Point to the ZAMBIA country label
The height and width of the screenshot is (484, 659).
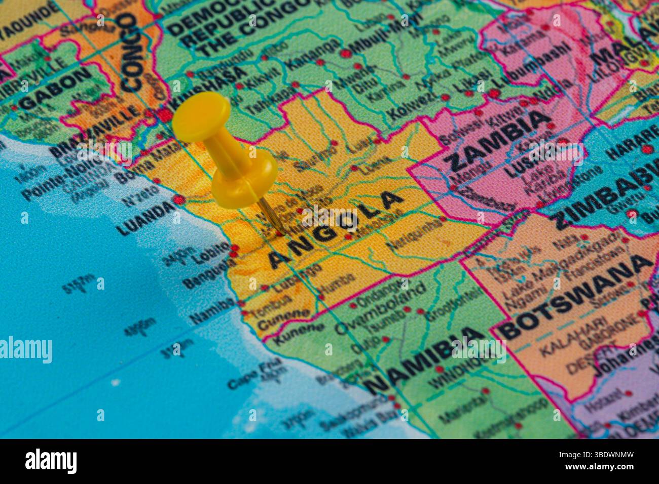[x=498, y=141]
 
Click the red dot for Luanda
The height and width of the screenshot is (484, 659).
[x=178, y=200]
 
